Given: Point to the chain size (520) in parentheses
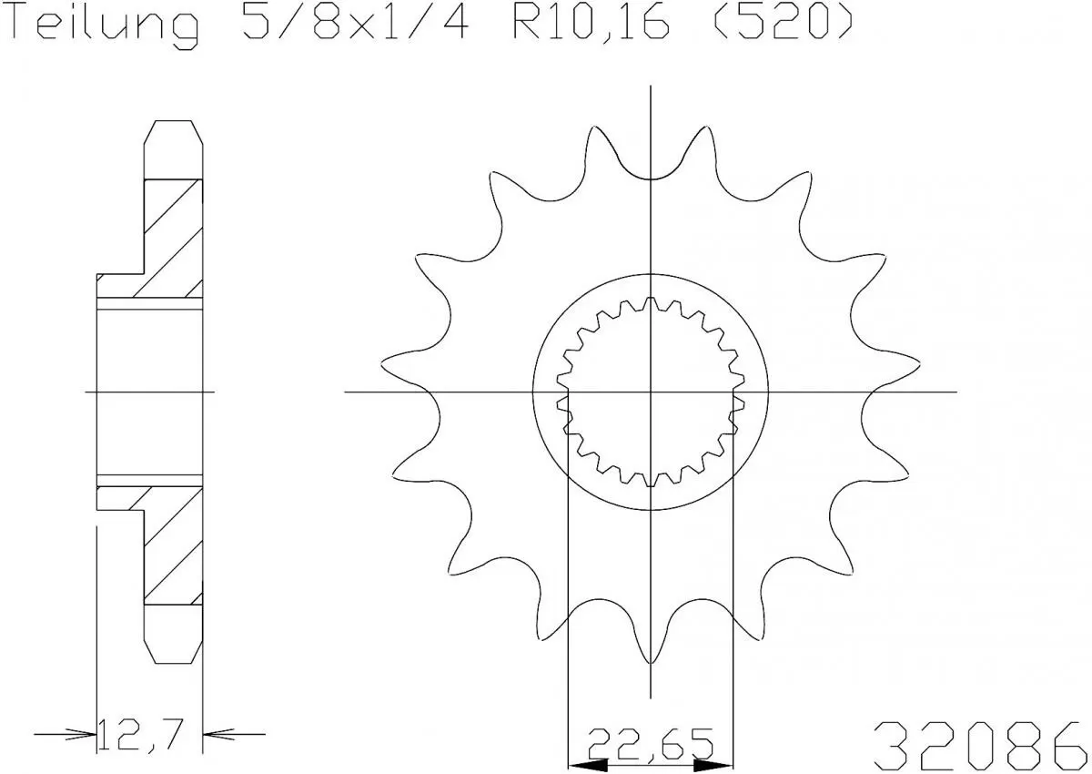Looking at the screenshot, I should [781, 25].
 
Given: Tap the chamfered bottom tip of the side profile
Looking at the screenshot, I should [174, 648].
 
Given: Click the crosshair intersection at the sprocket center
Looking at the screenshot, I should [651, 392].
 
